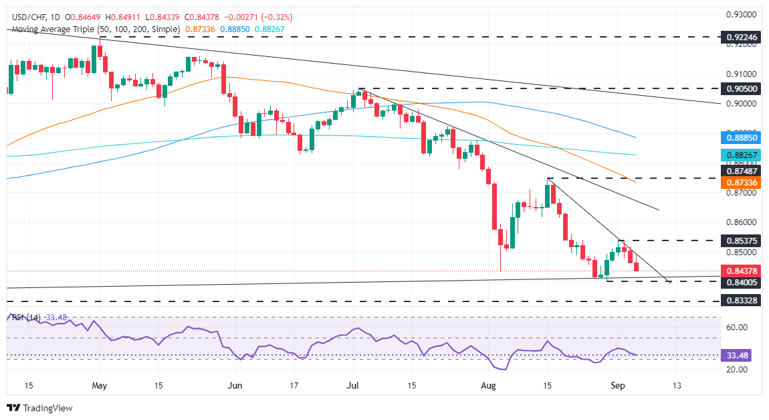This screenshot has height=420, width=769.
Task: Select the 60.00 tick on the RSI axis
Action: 736,328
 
